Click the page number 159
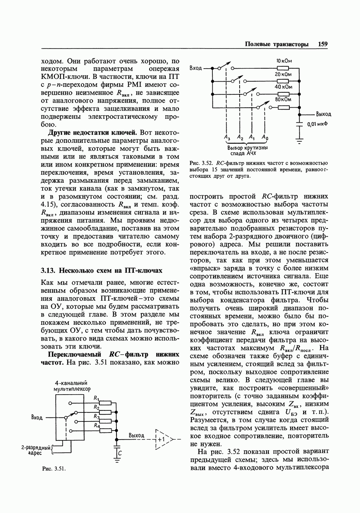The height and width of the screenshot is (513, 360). (322, 44)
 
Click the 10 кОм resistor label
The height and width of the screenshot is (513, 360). (283, 61)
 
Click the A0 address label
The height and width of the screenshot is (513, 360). (265, 137)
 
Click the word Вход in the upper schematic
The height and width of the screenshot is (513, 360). (196, 68)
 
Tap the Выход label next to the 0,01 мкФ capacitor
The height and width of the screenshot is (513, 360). (323, 114)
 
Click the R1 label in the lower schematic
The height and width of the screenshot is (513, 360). (96, 398)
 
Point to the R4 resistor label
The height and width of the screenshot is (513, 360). (97, 425)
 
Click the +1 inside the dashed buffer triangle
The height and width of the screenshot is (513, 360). (160, 439)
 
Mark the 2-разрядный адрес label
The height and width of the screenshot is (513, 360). (36, 450)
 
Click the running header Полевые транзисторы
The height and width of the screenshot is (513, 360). (276, 44)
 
